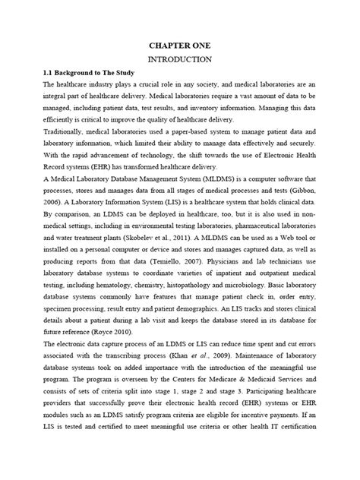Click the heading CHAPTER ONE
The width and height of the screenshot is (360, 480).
[x=179, y=46]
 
